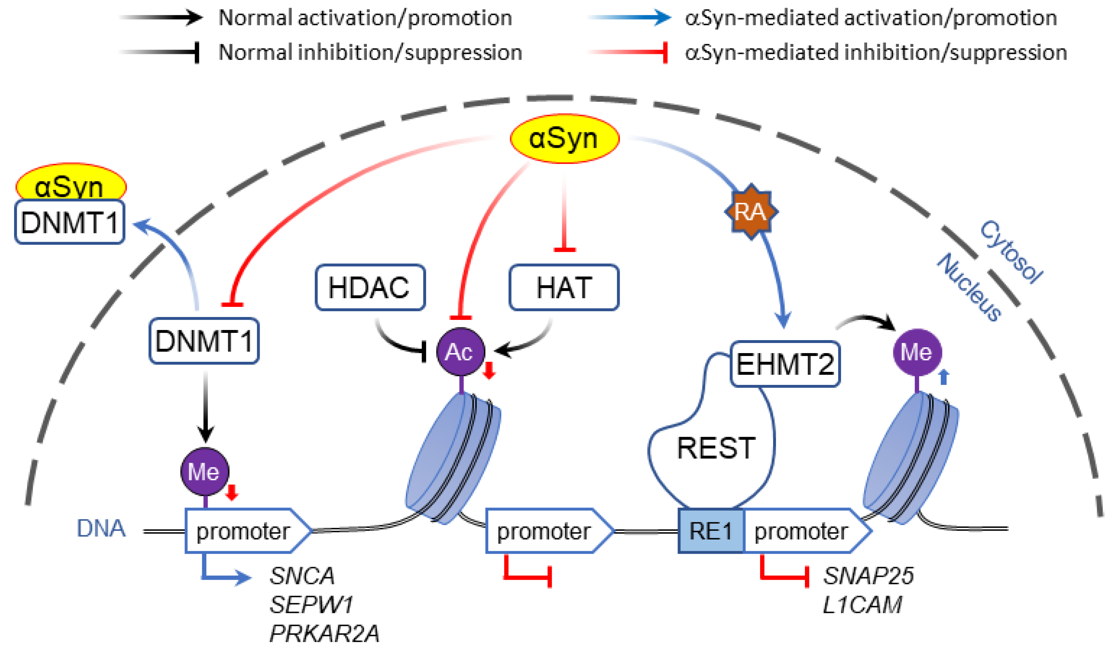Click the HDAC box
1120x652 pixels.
click(x=370, y=287)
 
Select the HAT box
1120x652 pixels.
click(x=564, y=287)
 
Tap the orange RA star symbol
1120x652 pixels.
click(x=751, y=211)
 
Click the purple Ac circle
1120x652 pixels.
click(x=460, y=352)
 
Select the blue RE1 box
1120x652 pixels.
click(x=710, y=531)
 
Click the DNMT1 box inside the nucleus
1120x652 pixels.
click(x=204, y=341)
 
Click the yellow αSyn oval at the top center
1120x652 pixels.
click(x=564, y=138)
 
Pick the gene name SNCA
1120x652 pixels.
click(x=302, y=576)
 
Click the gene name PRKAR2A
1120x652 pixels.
click(x=324, y=633)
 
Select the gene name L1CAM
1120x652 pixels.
click(x=862, y=605)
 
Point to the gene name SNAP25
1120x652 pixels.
click(x=868, y=576)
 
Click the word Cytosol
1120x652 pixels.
click(x=1011, y=252)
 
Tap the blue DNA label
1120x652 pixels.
click(x=101, y=528)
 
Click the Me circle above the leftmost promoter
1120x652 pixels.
click(x=205, y=472)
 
